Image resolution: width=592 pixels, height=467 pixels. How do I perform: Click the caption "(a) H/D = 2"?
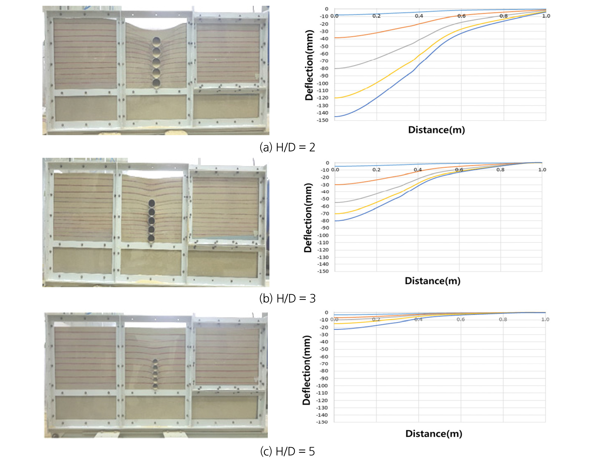(287, 147)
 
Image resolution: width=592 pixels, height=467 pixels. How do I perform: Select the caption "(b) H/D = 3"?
(287, 298)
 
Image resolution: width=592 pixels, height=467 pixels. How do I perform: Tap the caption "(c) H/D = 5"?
(287, 451)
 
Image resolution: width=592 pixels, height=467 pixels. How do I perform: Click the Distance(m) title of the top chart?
(436, 130)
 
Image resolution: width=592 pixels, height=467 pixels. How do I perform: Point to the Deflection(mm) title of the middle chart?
(308, 218)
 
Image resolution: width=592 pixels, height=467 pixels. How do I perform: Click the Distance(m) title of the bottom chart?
(434, 433)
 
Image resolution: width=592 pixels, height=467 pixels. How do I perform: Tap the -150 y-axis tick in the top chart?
(323, 120)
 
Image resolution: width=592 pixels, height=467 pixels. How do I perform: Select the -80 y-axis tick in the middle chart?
(325, 221)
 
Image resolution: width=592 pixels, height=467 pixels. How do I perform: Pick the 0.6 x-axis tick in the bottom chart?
(461, 319)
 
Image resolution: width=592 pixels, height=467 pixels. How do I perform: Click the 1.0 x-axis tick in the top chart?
(546, 16)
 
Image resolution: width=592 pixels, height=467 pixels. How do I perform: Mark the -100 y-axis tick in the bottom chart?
(322, 386)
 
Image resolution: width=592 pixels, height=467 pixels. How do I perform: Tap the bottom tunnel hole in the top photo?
(156, 83)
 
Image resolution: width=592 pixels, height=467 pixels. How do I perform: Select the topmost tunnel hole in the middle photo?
(152, 203)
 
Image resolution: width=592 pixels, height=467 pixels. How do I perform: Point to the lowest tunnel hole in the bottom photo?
(155, 386)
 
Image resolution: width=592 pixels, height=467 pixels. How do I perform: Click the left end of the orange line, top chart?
(335, 38)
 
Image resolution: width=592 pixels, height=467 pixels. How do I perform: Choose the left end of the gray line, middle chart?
(335, 202)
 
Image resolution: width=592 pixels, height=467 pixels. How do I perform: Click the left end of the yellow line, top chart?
(335, 98)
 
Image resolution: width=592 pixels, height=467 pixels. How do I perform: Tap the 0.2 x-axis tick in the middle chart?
(376, 170)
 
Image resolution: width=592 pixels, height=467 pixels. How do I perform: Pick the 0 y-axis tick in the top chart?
(326, 9)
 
